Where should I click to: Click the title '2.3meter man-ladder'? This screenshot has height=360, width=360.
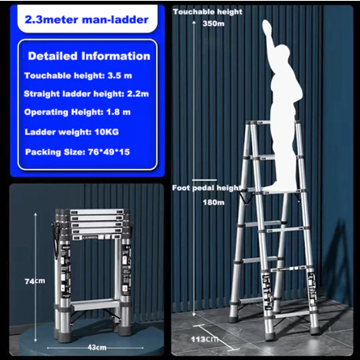[87, 19]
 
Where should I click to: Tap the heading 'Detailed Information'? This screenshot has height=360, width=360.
[89, 56]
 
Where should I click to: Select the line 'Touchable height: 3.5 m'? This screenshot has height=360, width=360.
[78, 75]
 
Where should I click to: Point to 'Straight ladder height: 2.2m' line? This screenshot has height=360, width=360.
[87, 94]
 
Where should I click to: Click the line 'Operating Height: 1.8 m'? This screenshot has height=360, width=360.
[78, 112]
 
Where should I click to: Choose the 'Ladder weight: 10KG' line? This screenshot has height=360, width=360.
[72, 132]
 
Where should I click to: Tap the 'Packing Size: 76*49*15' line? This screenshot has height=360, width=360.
[78, 152]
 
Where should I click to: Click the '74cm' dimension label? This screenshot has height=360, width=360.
[35, 281]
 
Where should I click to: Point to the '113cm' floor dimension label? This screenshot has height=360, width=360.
[205, 339]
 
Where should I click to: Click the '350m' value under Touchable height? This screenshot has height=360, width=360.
[214, 23]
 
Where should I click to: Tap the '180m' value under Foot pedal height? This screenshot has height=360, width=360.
[214, 202]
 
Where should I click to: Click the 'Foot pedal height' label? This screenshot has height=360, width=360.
[206, 188]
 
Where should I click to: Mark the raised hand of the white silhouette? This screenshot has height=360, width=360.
[268, 27]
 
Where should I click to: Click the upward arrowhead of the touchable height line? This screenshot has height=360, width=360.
[193, 23]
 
